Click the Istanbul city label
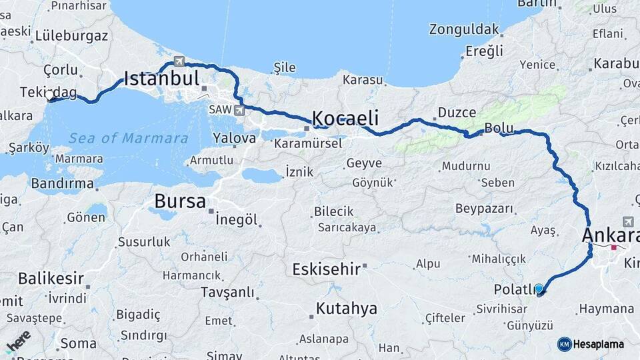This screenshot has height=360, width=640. (x=162, y=79)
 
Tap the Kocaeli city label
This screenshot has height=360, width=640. (x=345, y=119)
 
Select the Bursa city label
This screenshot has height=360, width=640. (x=180, y=201)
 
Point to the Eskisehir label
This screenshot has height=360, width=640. (x=327, y=269)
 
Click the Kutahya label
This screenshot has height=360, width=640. (x=347, y=309)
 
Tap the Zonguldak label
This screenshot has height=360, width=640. (x=464, y=29)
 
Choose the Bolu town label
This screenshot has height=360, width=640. (x=499, y=127)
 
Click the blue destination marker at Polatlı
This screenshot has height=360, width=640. (x=539, y=289)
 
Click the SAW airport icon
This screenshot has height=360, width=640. (x=239, y=109)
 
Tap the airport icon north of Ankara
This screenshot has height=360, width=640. (x=628, y=221)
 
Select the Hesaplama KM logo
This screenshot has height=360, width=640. (x=591, y=344)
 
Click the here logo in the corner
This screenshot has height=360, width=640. (x=19, y=341)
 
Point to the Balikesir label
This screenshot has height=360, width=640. (x=51, y=278)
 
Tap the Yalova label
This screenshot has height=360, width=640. (x=234, y=139)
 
